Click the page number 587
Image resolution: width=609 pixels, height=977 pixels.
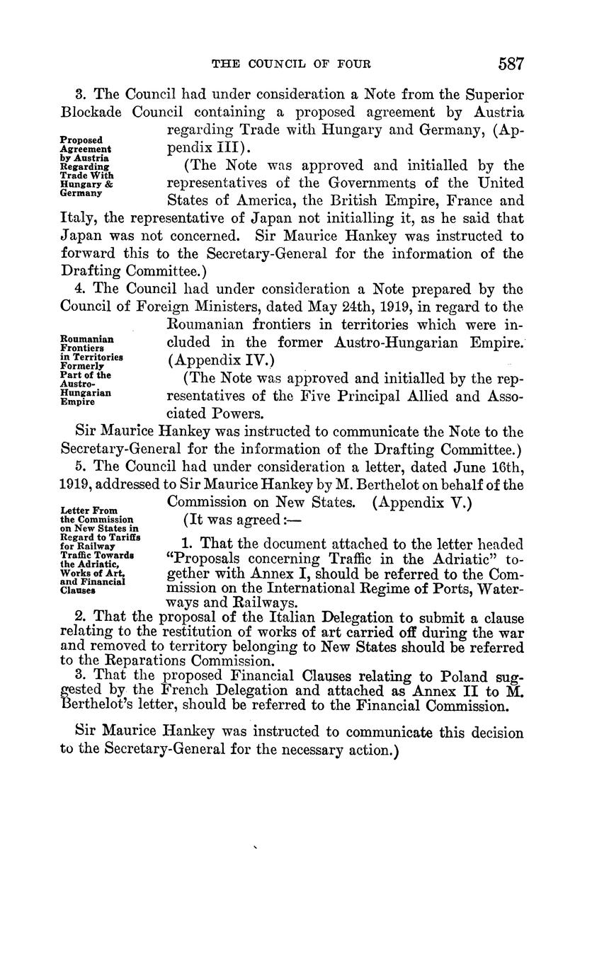pos(510,64)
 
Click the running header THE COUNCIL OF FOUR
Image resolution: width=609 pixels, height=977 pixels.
pos(292,64)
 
